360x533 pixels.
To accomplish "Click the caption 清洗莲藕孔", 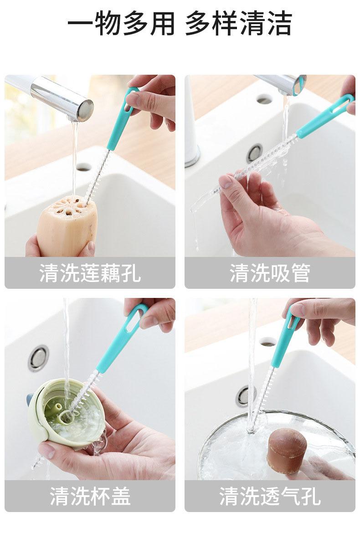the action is (90, 272).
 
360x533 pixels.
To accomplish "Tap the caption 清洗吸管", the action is (270, 272).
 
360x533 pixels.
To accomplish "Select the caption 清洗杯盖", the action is (90, 496).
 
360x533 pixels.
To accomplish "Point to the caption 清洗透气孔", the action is (270, 496).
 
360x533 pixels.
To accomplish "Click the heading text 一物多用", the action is (121, 23).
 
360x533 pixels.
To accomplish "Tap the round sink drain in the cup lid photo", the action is (38, 358).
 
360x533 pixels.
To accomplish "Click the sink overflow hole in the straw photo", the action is (264, 100).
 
